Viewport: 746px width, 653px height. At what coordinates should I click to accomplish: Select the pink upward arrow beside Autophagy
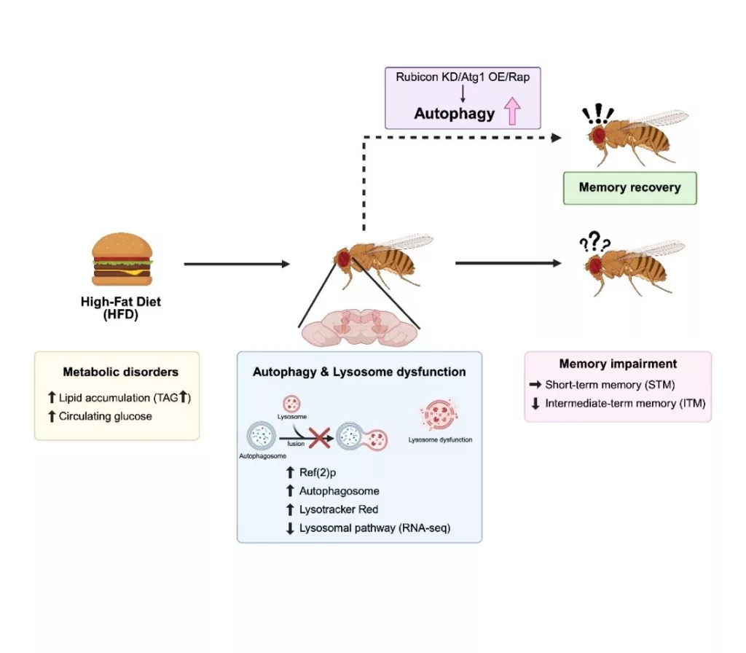(510, 113)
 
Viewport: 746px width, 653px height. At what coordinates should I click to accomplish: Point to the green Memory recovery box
(629, 187)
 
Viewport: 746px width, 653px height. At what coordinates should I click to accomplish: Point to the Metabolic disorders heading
(120, 372)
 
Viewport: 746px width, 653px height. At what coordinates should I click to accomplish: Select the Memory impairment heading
(618, 364)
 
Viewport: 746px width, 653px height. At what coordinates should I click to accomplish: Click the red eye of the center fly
(345, 258)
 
